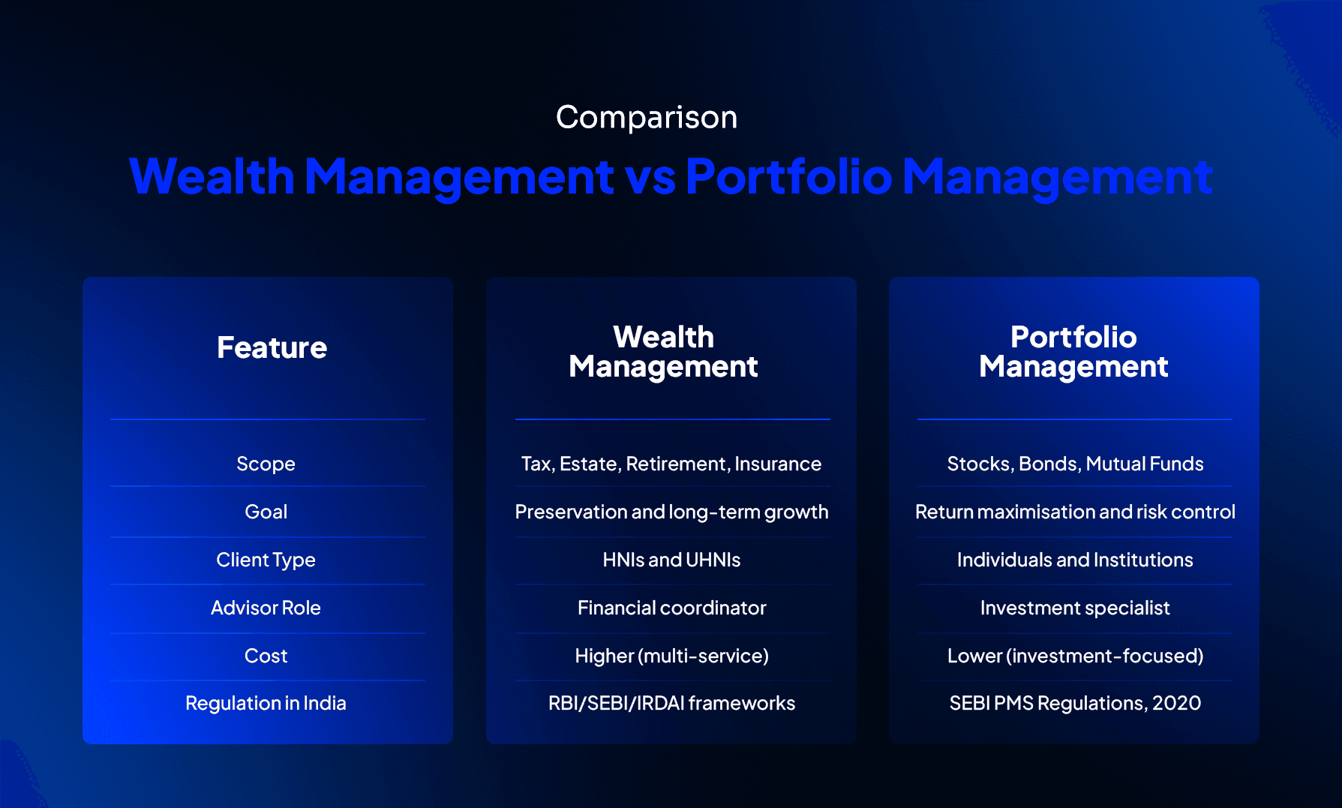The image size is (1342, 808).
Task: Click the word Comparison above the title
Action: [x=647, y=118]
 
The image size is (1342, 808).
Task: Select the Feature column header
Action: [x=272, y=348]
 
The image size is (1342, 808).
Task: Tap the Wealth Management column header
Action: [x=663, y=352]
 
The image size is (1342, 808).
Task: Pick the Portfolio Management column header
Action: [x=1073, y=352]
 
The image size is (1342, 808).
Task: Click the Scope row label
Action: [x=266, y=464]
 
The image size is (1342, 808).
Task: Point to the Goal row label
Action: [x=266, y=512]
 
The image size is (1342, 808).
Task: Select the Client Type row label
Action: [x=266, y=560]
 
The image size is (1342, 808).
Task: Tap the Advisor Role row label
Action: [x=266, y=608]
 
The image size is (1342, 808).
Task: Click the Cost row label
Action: [x=266, y=656]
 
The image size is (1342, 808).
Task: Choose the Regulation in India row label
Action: [x=266, y=704]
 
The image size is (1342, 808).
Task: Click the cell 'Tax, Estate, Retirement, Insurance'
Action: [x=671, y=464]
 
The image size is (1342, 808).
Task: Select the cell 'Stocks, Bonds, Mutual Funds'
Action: [x=1075, y=464]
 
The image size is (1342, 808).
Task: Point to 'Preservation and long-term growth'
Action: [x=671, y=512]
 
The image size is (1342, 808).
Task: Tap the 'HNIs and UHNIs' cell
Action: [x=671, y=560]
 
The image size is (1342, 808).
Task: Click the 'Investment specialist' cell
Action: [x=1075, y=608]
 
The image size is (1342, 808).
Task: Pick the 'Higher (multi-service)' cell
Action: [x=671, y=656]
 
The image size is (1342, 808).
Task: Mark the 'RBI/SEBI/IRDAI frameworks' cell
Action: [x=671, y=704]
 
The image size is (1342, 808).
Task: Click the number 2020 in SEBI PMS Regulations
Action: [x=1176, y=704]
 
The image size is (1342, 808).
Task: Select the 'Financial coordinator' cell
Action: [x=671, y=608]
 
